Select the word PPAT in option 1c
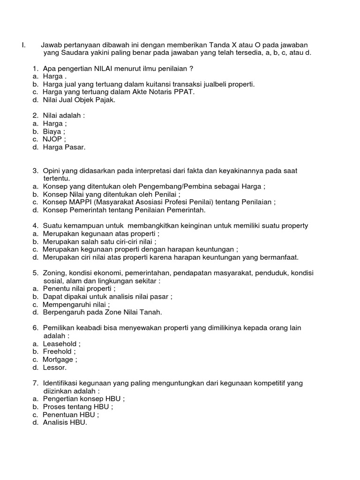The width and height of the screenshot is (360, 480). (x=186, y=91)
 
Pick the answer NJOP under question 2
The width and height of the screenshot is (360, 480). (x=54, y=139)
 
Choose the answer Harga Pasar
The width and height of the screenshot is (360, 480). (x=64, y=147)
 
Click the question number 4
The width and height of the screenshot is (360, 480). (x=35, y=225)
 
